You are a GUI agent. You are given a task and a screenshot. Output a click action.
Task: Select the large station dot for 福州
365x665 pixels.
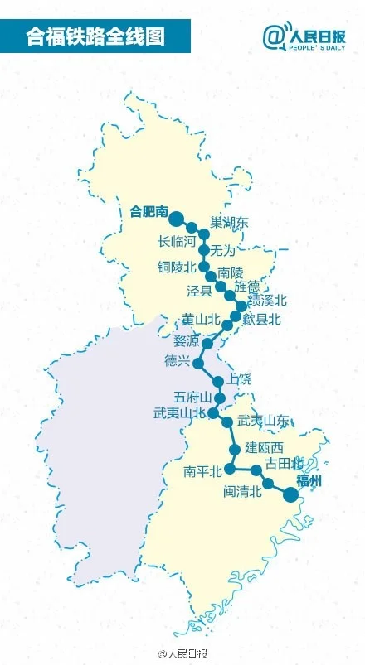click(290, 494)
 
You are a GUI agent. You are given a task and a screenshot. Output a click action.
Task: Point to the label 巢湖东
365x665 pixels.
click(229, 223)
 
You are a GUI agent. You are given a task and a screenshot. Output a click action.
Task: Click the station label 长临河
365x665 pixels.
click(176, 242)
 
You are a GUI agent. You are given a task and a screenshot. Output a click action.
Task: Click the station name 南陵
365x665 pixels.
click(231, 272)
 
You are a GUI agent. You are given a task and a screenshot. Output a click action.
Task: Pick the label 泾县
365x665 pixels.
click(200, 291)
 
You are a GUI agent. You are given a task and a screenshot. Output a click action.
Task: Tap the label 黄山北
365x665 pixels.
click(201, 319)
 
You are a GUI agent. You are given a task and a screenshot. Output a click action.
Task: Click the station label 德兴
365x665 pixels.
click(178, 362)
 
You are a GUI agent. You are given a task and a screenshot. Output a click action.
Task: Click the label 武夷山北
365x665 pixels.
click(179, 412)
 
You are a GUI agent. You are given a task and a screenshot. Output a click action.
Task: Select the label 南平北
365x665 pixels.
click(203, 472)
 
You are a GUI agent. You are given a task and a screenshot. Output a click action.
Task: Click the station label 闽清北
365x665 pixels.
click(243, 491)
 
